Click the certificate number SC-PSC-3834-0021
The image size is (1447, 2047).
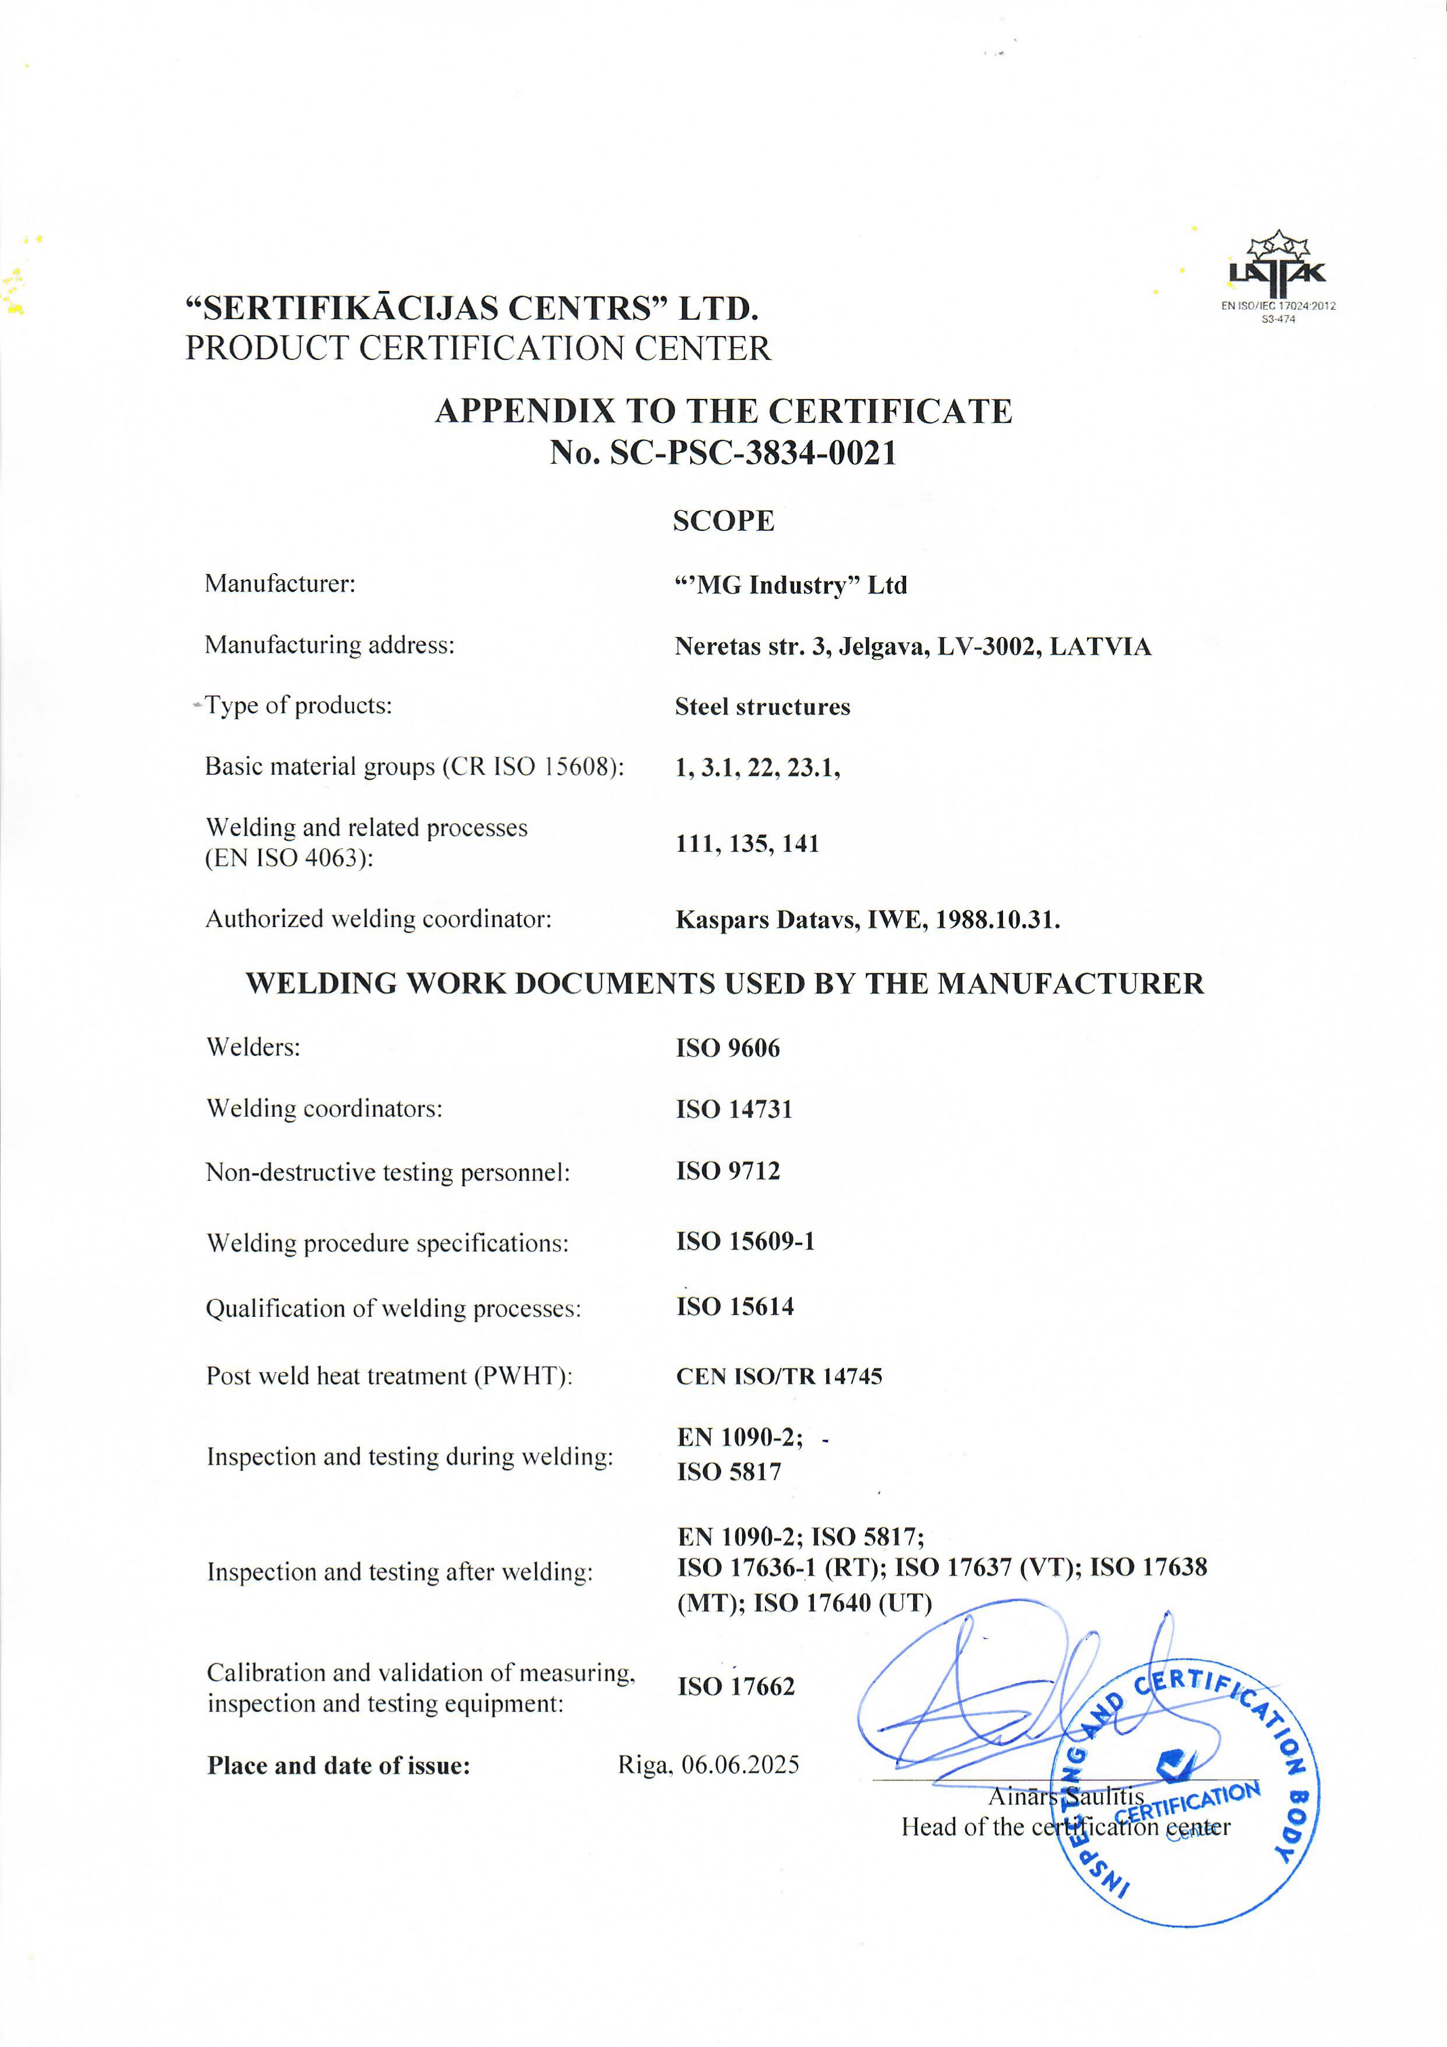point(753,453)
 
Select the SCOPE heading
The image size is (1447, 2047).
point(723,521)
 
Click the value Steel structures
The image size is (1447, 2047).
point(762,707)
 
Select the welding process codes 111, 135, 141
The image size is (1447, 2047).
point(747,844)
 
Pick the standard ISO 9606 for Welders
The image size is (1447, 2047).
point(728,1048)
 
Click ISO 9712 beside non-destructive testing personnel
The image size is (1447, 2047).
point(728,1171)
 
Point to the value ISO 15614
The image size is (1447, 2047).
point(735,1307)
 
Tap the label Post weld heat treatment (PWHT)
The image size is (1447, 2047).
point(389,1376)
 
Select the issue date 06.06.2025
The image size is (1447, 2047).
point(740,1765)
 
